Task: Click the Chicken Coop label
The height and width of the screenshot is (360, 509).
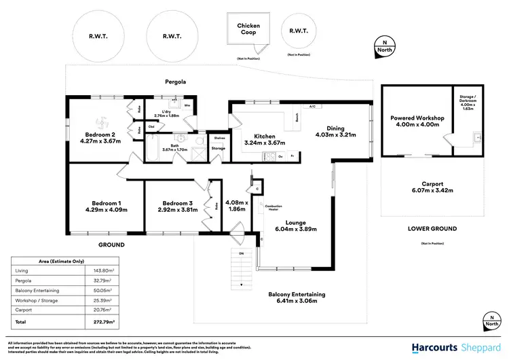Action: click(248, 29)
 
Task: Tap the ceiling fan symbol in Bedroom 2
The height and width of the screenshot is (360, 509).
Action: click(101, 122)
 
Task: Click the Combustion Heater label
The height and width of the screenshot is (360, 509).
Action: click(274, 208)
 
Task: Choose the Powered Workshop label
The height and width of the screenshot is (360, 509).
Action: click(417, 118)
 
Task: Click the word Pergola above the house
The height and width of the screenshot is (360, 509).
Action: click(176, 82)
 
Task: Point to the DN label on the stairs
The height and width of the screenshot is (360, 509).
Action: click(238, 253)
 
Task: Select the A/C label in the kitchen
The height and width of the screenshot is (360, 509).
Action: click(313, 107)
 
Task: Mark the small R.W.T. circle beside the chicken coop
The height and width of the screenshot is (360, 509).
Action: click(298, 31)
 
